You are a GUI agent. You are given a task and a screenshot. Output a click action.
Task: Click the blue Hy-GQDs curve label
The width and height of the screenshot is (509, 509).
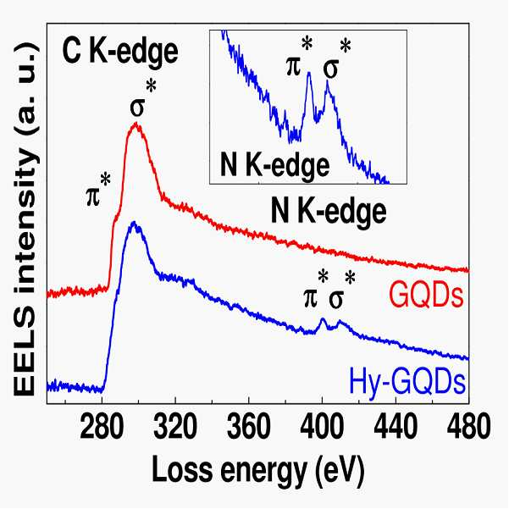tap(407, 383)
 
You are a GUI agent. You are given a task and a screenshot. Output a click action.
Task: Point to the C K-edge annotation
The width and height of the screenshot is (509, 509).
tap(120, 53)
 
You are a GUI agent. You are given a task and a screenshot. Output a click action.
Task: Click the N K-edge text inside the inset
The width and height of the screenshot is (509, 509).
tap(274, 166)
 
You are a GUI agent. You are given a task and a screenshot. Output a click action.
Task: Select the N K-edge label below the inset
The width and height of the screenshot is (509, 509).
tap(329, 212)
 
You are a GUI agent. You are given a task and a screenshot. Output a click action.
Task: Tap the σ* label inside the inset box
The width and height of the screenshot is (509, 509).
tap(337, 60)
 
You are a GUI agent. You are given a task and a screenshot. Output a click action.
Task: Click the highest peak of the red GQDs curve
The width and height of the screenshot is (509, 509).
tap(136, 124)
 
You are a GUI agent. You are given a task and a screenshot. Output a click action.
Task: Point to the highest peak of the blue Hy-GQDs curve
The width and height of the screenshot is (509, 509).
tap(134, 223)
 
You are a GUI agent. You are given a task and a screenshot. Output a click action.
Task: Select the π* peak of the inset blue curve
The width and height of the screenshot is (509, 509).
tap(309, 73)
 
